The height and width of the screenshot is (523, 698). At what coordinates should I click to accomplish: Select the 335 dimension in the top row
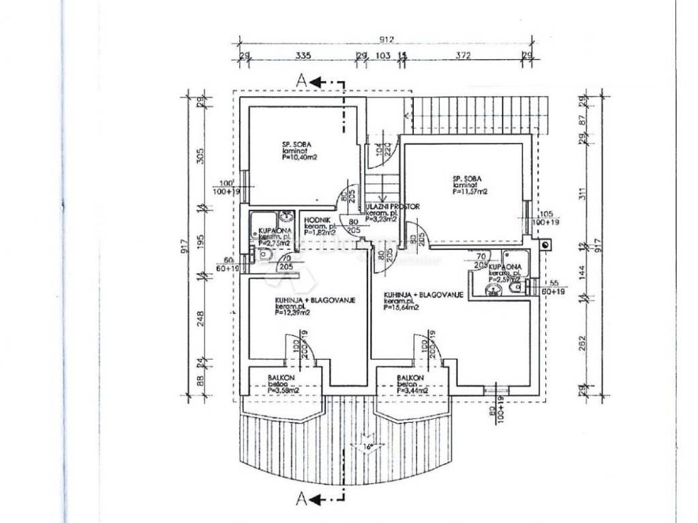coord(303,55)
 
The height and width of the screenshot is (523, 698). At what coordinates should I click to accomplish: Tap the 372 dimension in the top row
coord(463,55)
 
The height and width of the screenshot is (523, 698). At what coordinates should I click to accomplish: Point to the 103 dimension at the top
coord(383,55)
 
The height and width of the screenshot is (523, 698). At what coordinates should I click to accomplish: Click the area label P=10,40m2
coord(301,157)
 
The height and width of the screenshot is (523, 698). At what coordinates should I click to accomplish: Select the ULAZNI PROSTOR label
coord(393,206)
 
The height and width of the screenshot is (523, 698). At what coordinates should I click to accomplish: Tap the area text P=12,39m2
coord(292,313)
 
